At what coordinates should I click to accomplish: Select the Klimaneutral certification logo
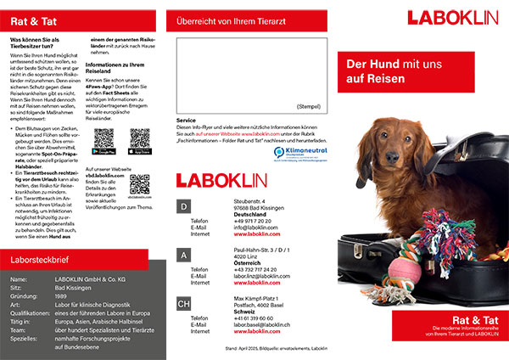(311, 153)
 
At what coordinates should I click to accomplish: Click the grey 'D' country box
(184, 207)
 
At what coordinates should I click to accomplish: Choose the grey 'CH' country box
(184, 303)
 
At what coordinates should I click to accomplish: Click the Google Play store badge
(103, 152)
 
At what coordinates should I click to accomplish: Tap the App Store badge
(141, 152)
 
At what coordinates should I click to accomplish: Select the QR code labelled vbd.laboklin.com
(141, 184)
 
